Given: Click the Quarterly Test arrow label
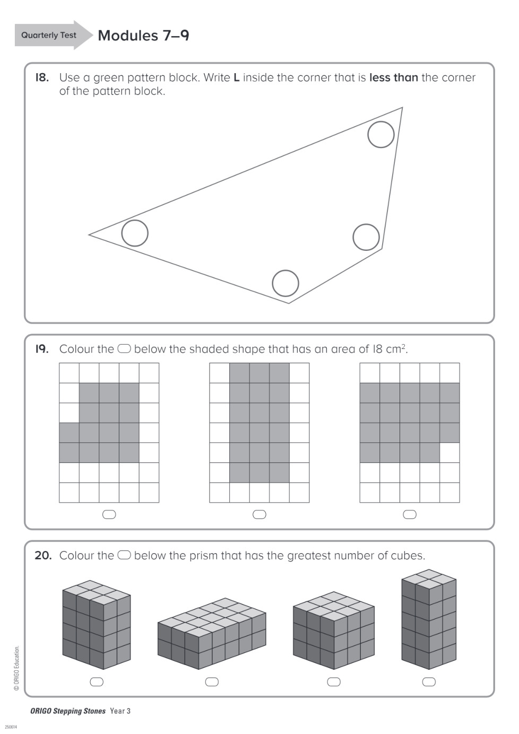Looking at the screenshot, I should (x=49, y=35).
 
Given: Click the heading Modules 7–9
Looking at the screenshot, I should (x=143, y=36).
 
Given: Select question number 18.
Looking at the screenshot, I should (x=42, y=77).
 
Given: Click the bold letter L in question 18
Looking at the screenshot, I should (x=237, y=77).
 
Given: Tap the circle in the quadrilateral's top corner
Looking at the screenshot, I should (x=381, y=134).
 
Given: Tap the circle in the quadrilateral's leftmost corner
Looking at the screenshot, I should (x=135, y=233).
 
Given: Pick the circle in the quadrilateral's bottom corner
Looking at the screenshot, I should (x=286, y=283).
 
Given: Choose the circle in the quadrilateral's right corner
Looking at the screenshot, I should (x=366, y=237).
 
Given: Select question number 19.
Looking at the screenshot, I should (x=42, y=349).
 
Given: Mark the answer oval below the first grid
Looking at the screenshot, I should (x=109, y=514).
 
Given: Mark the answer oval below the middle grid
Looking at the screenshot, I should (x=259, y=514).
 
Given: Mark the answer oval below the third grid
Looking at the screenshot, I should (x=410, y=514).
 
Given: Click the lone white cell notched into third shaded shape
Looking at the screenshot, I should (x=449, y=453).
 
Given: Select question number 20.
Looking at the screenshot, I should (x=43, y=555).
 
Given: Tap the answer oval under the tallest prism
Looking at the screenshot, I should (x=429, y=682).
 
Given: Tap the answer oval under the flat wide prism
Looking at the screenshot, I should (x=212, y=682).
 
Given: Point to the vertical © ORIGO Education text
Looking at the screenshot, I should (x=16, y=668).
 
